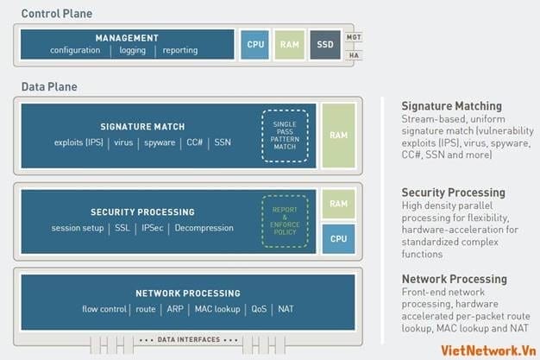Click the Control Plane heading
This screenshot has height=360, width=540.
(56, 14)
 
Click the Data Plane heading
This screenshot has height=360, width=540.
(49, 88)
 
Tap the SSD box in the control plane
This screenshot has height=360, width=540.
(324, 44)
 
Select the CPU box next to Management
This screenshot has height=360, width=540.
(255, 44)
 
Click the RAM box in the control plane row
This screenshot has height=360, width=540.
(289, 44)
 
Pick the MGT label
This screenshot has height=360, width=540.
(353, 37)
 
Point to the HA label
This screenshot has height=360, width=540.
(353, 55)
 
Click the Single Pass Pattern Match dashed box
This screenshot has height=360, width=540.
(285, 136)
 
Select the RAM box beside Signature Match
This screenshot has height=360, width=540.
(338, 136)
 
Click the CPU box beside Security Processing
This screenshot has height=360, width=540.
(338, 238)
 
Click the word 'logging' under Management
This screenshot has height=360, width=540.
(133, 51)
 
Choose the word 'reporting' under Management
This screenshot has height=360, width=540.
(179, 51)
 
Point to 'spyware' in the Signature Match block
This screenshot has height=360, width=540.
(160, 142)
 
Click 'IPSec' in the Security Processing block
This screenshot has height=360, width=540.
(152, 228)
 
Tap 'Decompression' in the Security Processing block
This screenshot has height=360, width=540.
(204, 228)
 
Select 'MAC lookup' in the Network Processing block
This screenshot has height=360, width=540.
(216, 308)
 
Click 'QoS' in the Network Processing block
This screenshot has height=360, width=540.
(258, 308)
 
